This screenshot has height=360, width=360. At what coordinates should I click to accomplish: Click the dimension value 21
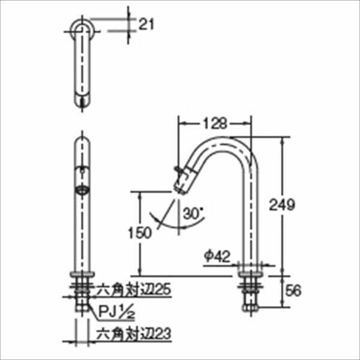(x=146, y=25)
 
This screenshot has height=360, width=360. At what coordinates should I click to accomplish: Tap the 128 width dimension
(x=215, y=124)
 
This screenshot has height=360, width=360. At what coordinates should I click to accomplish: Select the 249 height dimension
(x=296, y=205)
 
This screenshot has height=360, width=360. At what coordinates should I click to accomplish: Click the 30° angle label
(x=194, y=213)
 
